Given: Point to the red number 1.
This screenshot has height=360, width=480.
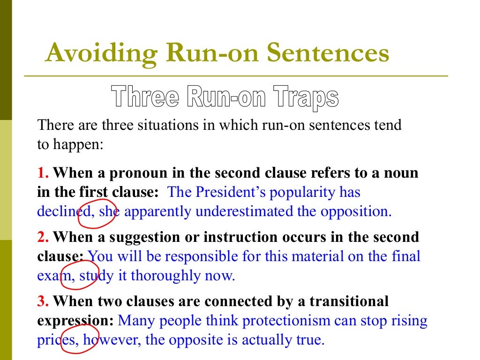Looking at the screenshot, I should (43, 173).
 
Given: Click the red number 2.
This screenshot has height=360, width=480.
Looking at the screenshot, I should (43, 237).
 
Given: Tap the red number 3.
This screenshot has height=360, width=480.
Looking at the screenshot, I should (43, 300).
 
